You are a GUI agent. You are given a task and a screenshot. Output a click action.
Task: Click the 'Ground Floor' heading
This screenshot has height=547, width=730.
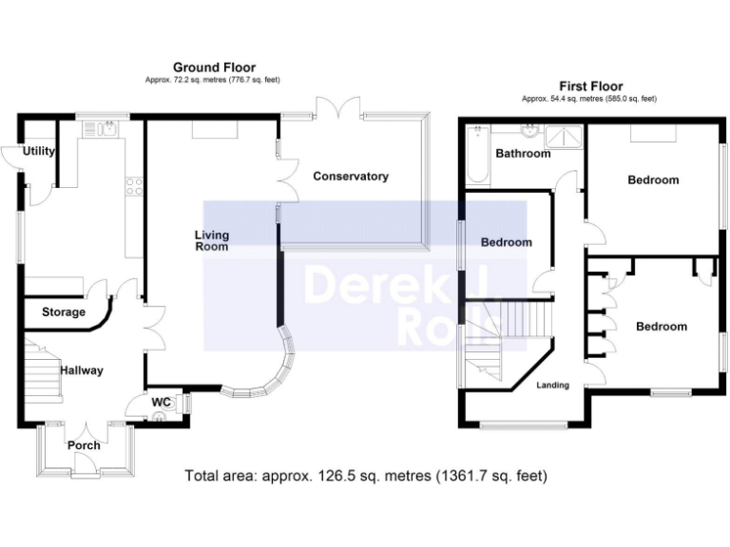click(214, 66)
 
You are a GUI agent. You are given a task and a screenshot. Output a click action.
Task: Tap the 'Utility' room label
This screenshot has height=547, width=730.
click(39, 151)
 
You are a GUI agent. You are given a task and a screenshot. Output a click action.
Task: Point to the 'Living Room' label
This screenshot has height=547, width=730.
click(212, 240)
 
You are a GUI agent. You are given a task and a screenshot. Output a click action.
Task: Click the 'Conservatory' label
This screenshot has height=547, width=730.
click(351, 176)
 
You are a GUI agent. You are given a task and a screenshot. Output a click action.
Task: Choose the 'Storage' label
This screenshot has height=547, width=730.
click(64, 311)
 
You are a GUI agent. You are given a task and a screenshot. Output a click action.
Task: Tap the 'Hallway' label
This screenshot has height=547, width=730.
click(82, 370)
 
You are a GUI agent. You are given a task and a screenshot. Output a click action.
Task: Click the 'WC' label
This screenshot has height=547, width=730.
click(162, 402)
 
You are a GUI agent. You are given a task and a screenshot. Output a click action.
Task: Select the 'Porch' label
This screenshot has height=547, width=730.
click(84, 445)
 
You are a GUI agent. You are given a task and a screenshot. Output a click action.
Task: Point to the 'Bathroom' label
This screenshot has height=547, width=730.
click(523, 154)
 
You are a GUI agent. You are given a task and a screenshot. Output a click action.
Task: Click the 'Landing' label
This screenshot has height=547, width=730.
click(553, 385)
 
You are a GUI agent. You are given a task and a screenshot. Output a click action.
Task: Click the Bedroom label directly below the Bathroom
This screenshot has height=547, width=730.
click(506, 242)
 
